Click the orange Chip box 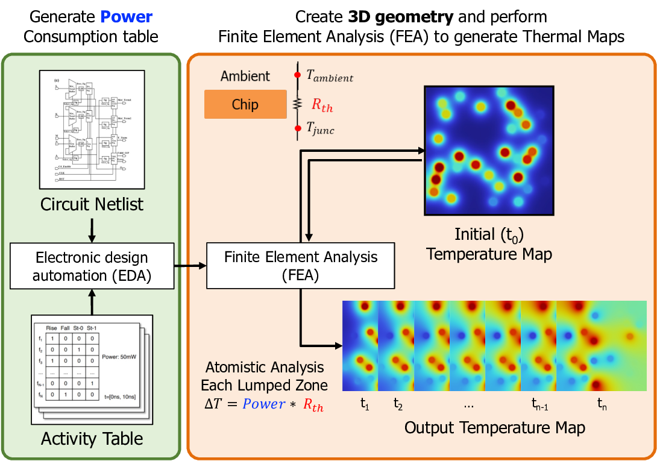click(x=245, y=104)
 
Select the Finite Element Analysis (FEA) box click(x=301, y=266)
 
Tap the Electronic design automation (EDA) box click(x=92, y=266)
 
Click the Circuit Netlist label click(x=92, y=204)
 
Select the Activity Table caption click(x=92, y=439)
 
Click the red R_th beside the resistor click(x=322, y=105)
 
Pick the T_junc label click(x=320, y=128)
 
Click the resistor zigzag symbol click(x=297, y=104)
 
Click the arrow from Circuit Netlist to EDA click(x=92, y=228)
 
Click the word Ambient click(x=245, y=77)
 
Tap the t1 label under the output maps click(x=365, y=404)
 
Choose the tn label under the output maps click(x=602, y=404)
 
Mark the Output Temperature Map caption click(x=494, y=428)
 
